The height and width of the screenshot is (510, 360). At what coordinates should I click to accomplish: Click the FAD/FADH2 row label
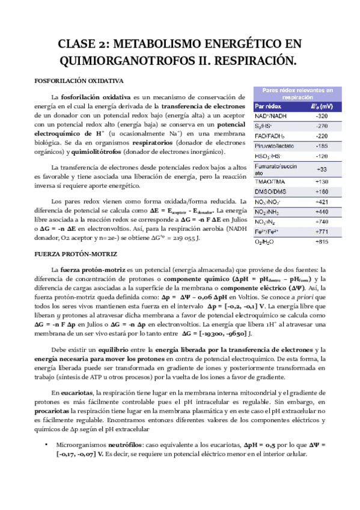pos(270,136)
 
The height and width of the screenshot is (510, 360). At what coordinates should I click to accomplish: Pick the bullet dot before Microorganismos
pos(46,444)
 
